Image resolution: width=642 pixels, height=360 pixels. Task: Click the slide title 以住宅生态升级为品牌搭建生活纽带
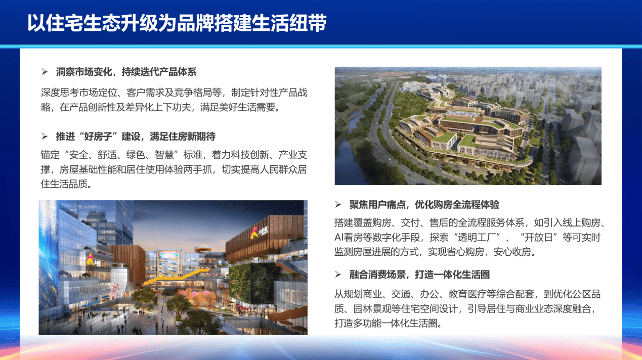[x=177, y=23]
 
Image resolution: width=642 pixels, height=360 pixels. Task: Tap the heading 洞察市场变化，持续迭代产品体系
[x=126, y=72]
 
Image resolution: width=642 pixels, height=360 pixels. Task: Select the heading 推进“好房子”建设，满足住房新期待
[x=136, y=137]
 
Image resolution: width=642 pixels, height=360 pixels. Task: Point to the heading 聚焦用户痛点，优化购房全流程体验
[x=424, y=204]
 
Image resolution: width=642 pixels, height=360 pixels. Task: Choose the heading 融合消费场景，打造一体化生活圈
[x=419, y=275]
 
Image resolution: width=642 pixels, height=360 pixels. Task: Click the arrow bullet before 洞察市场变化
[x=45, y=72]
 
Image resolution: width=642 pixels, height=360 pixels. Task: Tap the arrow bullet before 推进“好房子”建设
[x=45, y=137]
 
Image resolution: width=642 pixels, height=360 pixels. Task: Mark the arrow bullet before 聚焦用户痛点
[x=338, y=204]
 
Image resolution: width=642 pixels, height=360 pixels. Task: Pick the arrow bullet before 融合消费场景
[x=338, y=275]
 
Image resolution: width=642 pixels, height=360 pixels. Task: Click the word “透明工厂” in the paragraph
[x=477, y=238]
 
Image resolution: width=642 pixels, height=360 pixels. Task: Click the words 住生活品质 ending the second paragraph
[x=64, y=184]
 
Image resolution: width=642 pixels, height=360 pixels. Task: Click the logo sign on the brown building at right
[x=258, y=232]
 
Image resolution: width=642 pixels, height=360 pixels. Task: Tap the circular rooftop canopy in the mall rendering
[x=203, y=250]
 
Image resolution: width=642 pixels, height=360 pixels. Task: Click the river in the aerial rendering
[x=353, y=134]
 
